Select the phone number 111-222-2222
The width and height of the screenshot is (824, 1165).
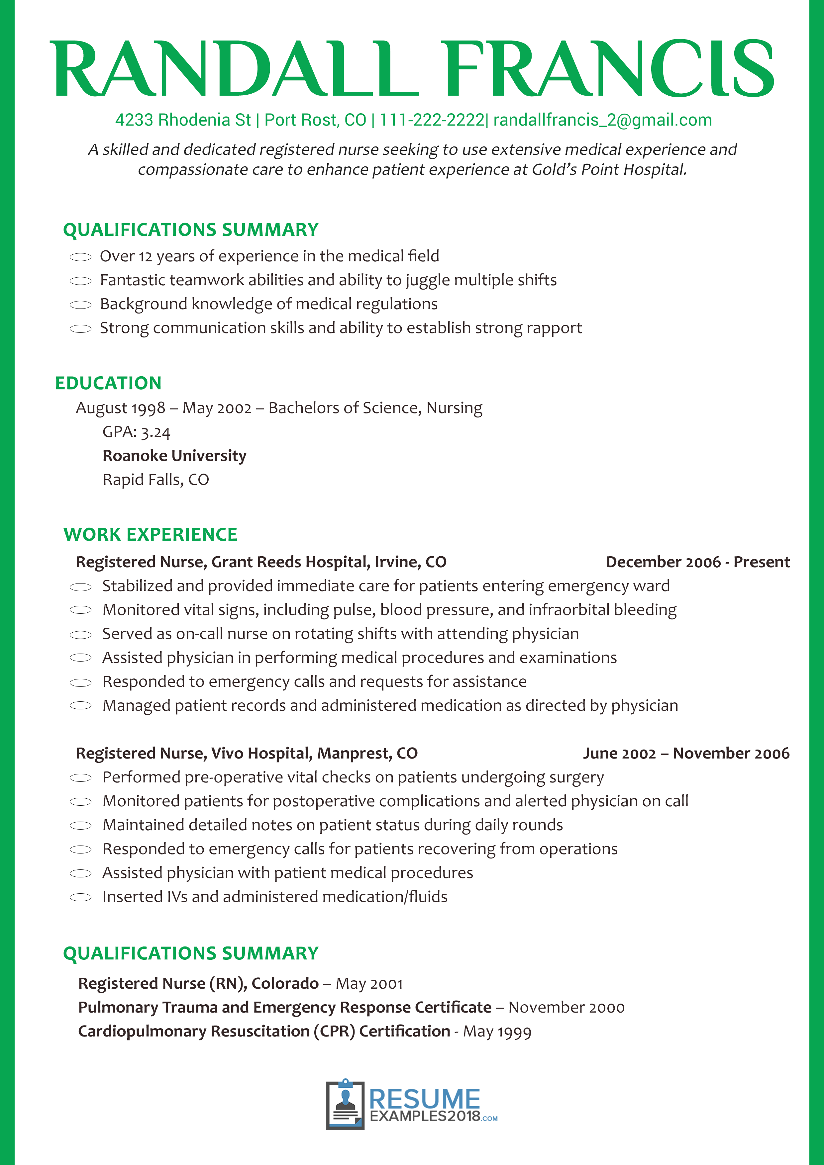[x=432, y=120]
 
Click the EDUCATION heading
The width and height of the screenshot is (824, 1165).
[x=108, y=383]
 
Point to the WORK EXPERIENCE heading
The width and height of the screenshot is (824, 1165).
[x=150, y=534]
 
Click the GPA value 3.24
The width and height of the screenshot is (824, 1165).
[x=155, y=432]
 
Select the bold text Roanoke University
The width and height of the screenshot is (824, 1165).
[x=174, y=456]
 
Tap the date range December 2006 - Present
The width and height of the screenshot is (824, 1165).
[x=698, y=562]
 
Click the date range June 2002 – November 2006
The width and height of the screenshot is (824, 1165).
[x=686, y=754]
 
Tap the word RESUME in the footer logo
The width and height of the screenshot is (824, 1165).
[x=424, y=1099]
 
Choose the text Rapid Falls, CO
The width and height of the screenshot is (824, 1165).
[x=155, y=480]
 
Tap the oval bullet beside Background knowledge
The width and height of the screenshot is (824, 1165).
[x=80, y=305]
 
